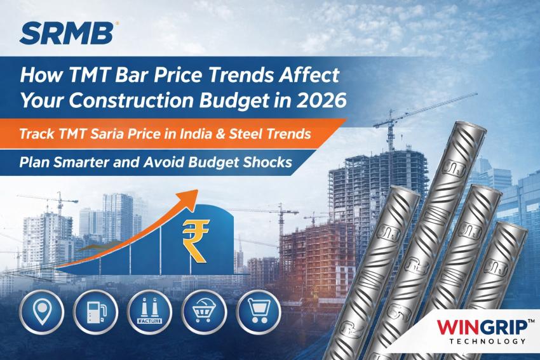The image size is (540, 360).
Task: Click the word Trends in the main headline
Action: point(262,75)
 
